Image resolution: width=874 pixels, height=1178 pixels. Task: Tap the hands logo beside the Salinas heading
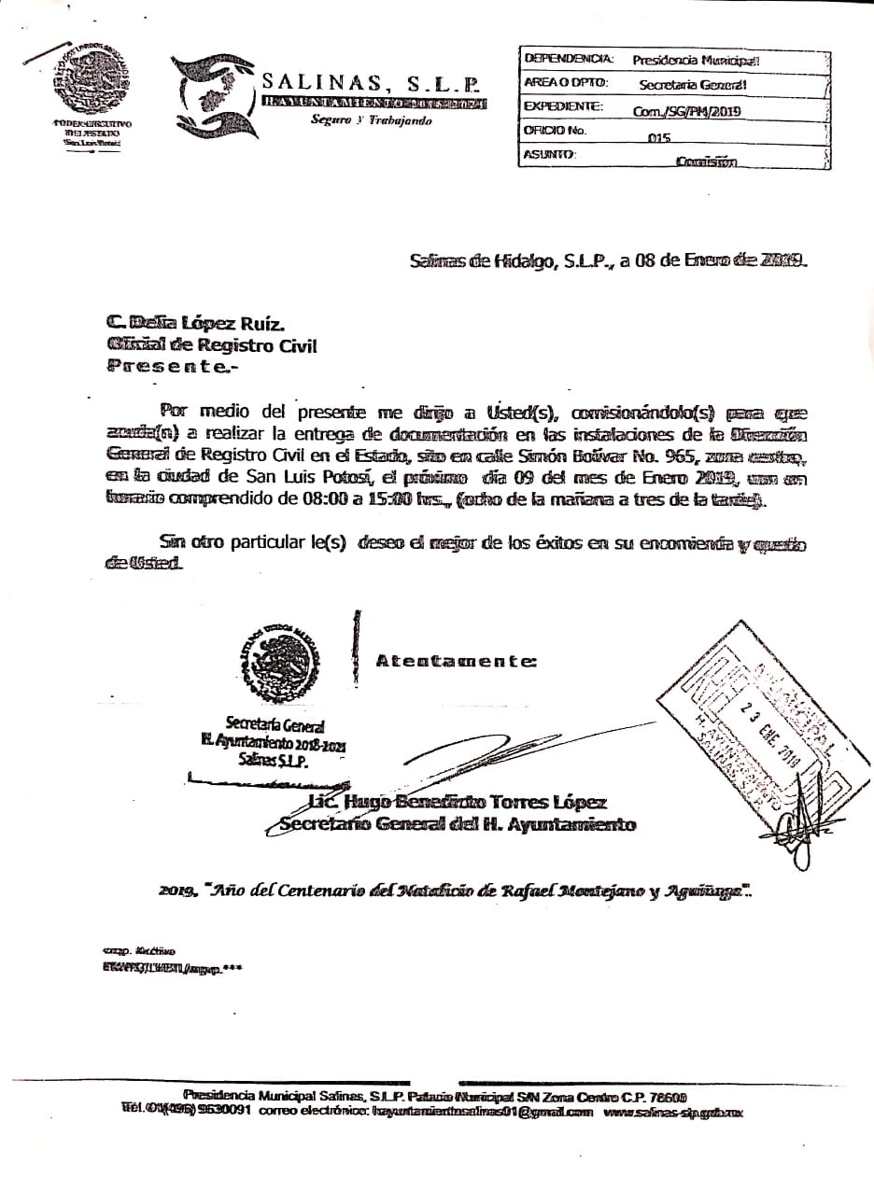pos(207,97)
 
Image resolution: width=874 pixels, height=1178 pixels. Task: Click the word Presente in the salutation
pos(168,368)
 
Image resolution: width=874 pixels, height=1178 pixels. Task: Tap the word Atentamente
pos(456,661)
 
